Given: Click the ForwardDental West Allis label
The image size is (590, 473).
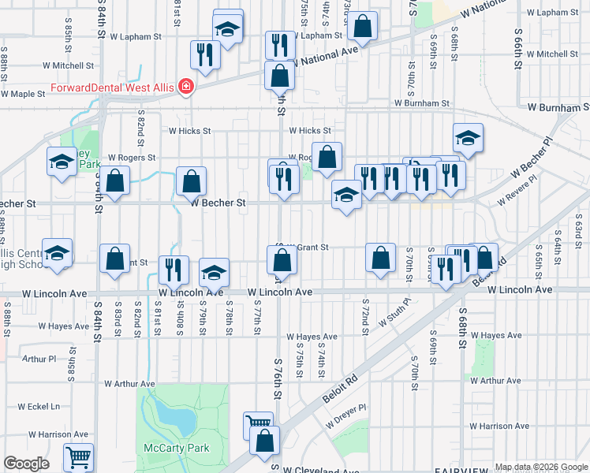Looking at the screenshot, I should click(113, 87).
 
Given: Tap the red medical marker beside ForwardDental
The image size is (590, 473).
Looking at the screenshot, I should click(186, 86).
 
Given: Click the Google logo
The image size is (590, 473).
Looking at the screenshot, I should click(26, 464).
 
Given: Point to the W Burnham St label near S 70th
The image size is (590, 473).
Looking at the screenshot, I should click(422, 103).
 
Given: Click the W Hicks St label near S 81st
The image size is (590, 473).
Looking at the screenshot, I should click(185, 131).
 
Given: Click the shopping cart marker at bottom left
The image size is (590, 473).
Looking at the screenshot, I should click(78, 456).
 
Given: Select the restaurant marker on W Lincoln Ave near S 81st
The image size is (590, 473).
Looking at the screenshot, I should click(174, 269).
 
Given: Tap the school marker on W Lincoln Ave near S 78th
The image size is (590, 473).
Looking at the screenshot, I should click(214, 272).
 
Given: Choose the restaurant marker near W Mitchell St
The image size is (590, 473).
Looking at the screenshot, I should click(205, 55).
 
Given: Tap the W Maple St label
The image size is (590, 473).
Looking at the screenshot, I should click(23, 94).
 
